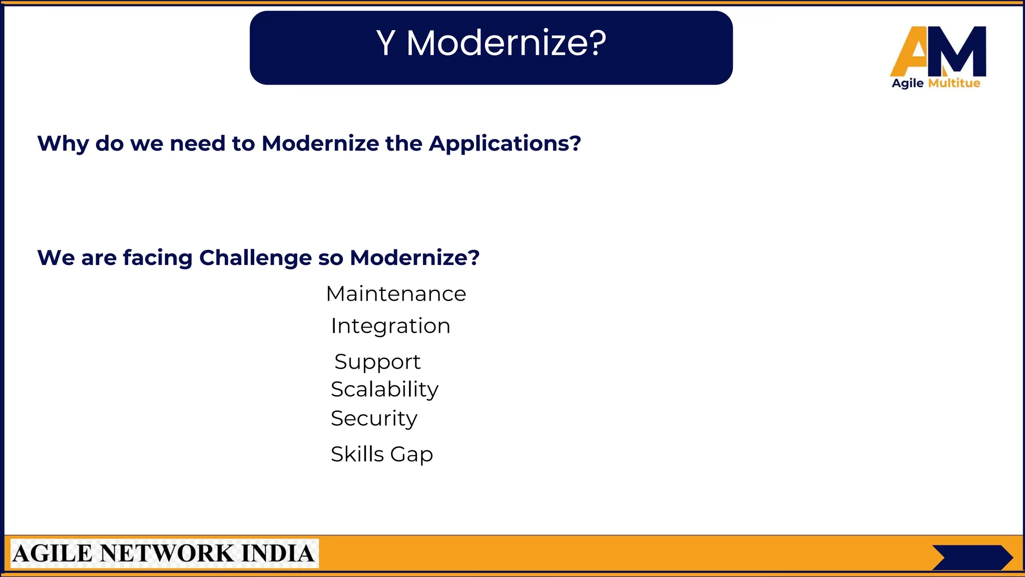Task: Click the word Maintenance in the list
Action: coord(396,294)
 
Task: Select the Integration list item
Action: coord(390,326)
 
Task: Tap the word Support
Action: coord(377,362)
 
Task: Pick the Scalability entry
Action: coord(384,389)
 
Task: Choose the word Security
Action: coord(374,418)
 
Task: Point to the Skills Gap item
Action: coord(382,454)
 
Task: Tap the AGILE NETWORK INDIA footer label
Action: coord(164,553)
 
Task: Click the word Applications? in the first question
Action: coord(505,144)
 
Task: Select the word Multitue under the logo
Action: coord(954,83)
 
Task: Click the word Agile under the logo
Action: coord(907,84)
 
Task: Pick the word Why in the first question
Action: coord(63,144)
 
